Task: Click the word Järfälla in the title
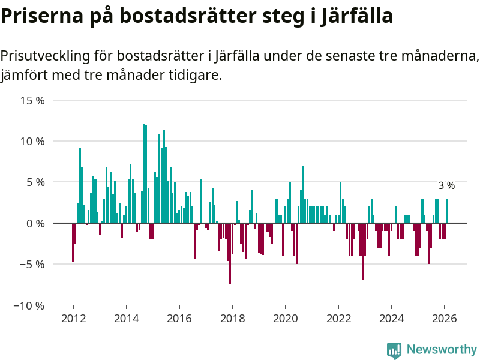click(356, 16)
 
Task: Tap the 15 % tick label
click(33, 100)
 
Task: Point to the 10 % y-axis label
click(33, 142)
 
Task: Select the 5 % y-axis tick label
click(35, 182)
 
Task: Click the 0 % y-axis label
click(35, 223)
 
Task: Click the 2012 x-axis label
click(73, 319)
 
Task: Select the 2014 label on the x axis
click(126, 319)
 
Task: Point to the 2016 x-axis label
click(179, 319)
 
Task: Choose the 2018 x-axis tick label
click(232, 319)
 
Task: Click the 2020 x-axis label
click(285, 319)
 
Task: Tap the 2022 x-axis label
click(338, 319)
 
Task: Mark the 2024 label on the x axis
click(391, 319)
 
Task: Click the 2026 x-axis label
click(445, 319)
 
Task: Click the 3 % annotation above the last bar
click(446, 186)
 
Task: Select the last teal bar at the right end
click(446, 211)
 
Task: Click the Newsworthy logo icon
click(394, 350)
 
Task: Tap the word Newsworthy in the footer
click(442, 349)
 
